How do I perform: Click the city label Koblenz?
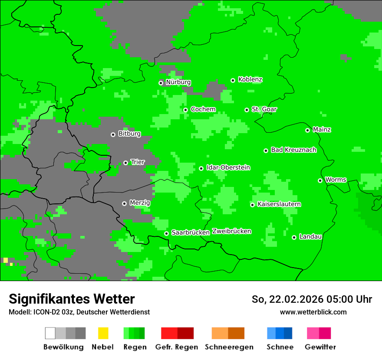pyautogui.click(x=250, y=79)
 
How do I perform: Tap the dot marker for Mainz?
pyautogui.click(x=307, y=130)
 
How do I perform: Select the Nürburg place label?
pyautogui.click(x=178, y=82)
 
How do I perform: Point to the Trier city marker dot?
pyautogui.click(x=125, y=163)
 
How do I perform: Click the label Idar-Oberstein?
pyautogui.click(x=228, y=167)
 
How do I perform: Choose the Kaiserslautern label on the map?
pyautogui.click(x=279, y=204)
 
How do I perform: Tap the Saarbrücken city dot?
pyautogui.click(x=166, y=233)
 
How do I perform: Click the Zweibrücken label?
pyautogui.click(x=231, y=231)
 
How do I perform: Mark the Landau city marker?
pyautogui.click(x=294, y=237)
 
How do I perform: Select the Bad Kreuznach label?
pyautogui.click(x=293, y=150)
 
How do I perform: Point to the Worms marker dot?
pyautogui.click(x=320, y=180)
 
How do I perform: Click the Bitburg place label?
pyautogui.click(x=129, y=134)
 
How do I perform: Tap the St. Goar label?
pyautogui.click(x=264, y=109)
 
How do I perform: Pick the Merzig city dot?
pyautogui.click(x=124, y=203)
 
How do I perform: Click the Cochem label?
pyautogui.click(x=203, y=109)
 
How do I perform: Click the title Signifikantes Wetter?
pyautogui.click(x=72, y=299)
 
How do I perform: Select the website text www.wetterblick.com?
pyautogui.click(x=313, y=312)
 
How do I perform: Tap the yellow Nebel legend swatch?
pyautogui.click(x=103, y=333)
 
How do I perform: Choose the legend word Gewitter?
pyautogui.click(x=320, y=347)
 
